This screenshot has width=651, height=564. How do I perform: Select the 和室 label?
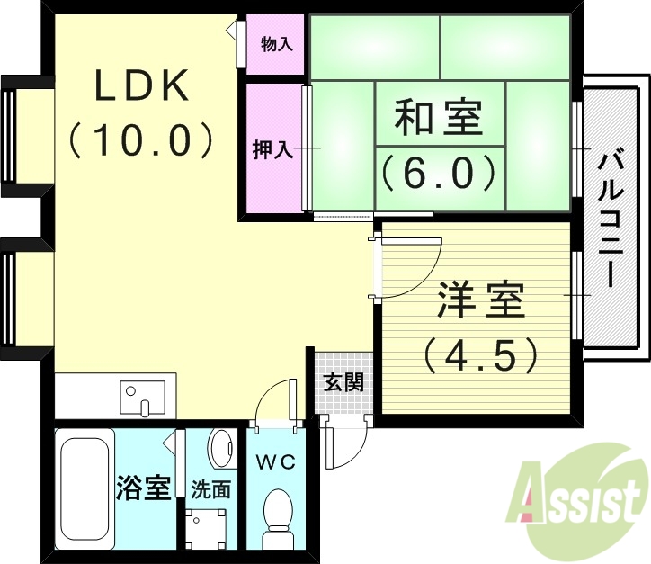[439, 119]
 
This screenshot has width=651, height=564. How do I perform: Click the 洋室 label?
[482, 301]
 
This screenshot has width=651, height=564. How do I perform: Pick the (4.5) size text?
[482, 354]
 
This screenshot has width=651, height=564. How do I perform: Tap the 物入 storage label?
[276, 44]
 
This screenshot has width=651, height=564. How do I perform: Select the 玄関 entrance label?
[343, 382]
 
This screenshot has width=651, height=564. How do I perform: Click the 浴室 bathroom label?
[144, 489]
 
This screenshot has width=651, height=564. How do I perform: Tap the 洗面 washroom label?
[211, 491]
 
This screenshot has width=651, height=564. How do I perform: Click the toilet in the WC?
[276, 517]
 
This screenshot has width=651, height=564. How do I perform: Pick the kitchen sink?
[143, 397]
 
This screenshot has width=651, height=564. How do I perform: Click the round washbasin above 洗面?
[220, 446]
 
